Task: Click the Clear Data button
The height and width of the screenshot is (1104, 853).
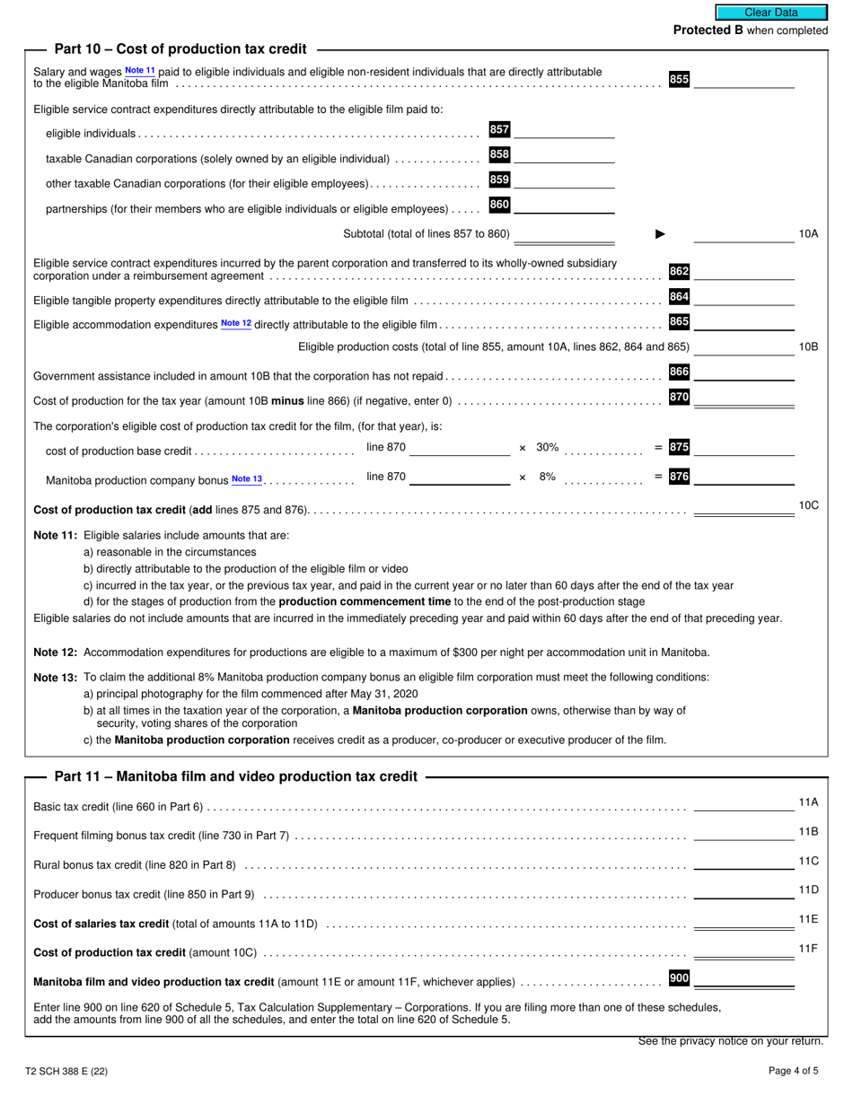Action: pyautogui.click(x=770, y=13)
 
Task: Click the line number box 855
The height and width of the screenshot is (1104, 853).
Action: pyautogui.click(x=679, y=79)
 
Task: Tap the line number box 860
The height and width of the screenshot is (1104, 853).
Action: pyautogui.click(x=499, y=206)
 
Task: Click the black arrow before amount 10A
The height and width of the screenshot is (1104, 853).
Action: pyautogui.click(x=661, y=234)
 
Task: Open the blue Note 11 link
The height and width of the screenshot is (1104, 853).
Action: pyautogui.click(x=139, y=70)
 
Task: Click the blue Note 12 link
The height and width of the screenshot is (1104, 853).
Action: pyautogui.click(x=236, y=323)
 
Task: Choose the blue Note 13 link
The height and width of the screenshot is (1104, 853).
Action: pyautogui.click(x=247, y=479)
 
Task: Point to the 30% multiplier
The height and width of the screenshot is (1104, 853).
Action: pyautogui.click(x=547, y=447)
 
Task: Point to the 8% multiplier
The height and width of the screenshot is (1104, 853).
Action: pyautogui.click(x=547, y=478)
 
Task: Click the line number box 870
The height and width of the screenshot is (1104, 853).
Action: pyautogui.click(x=679, y=398)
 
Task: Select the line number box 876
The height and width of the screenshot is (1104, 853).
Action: pyautogui.click(x=679, y=477)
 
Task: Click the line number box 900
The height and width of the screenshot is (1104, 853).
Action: pyautogui.click(x=679, y=978)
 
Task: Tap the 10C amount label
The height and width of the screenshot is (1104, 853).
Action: pyautogui.click(x=808, y=505)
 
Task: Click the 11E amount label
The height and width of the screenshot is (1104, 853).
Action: pyautogui.click(x=808, y=919)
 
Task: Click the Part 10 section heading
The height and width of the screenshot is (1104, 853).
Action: pyautogui.click(x=180, y=49)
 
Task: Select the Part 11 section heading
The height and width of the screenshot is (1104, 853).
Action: pyautogui.click(x=236, y=776)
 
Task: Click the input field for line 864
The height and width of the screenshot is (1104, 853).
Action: pyautogui.click(x=743, y=298)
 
